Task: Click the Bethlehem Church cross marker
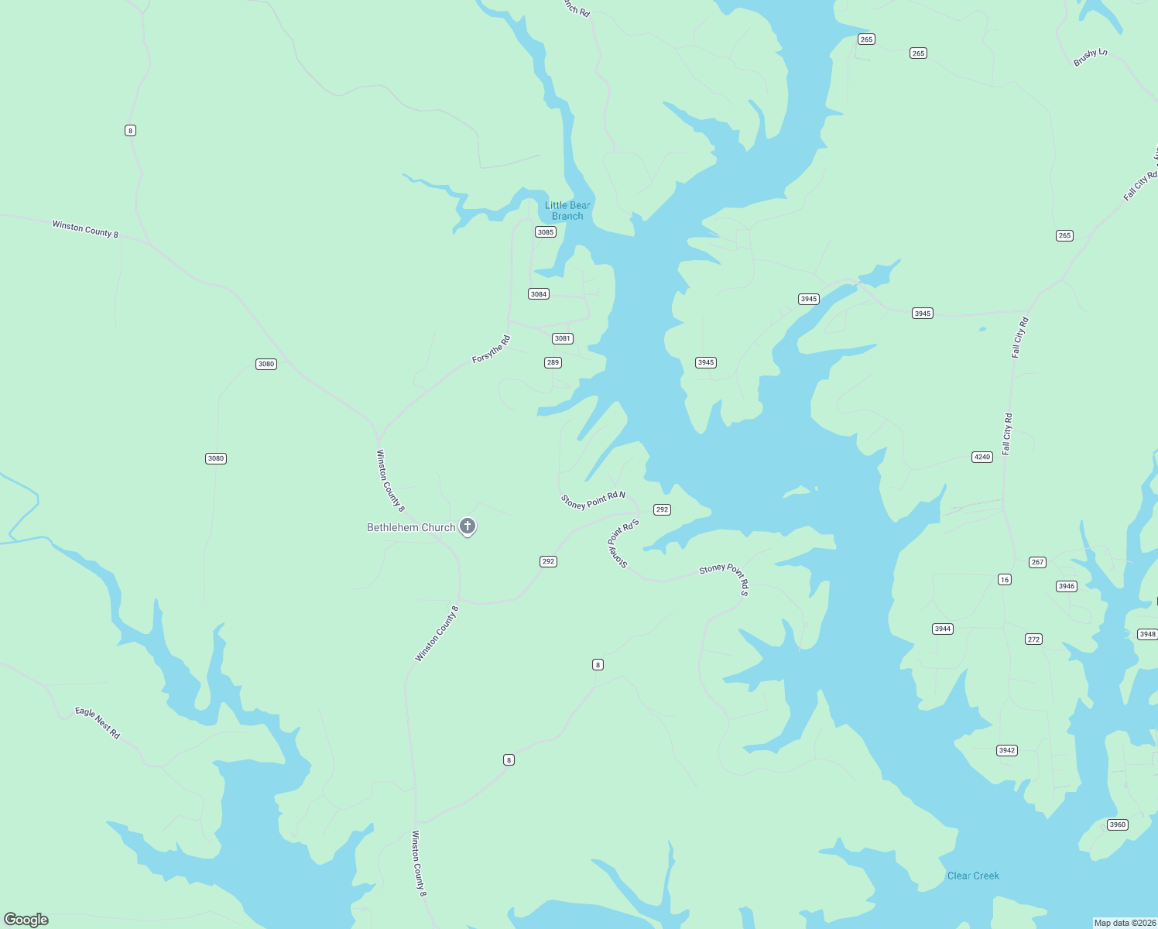[468, 526]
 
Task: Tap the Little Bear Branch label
[567, 211]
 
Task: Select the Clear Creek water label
[973, 876]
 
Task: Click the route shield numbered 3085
[546, 232]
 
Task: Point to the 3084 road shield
[539, 294]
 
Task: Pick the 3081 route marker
[563, 338]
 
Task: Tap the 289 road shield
[553, 362]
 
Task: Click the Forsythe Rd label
[492, 349]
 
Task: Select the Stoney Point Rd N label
[593, 500]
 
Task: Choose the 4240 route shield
[982, 458]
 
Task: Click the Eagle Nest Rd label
[98, 722]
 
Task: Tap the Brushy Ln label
[1090, 57]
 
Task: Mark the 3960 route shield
[1118, 824]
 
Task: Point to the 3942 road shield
[1007, 750]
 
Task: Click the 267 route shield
[1038, 562]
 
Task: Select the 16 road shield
[1005, 579]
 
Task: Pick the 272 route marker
[1034, 639]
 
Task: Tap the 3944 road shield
[943, 629]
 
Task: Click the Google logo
[26, 920]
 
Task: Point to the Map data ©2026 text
[1124, 923]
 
